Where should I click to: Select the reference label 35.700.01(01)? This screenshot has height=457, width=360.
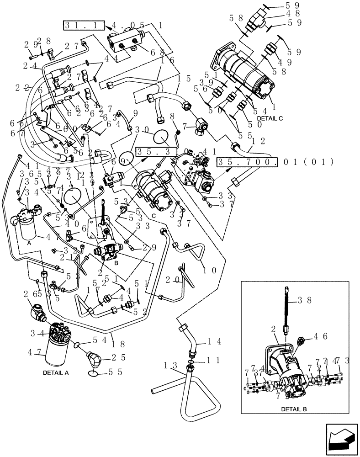(275, 162)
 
